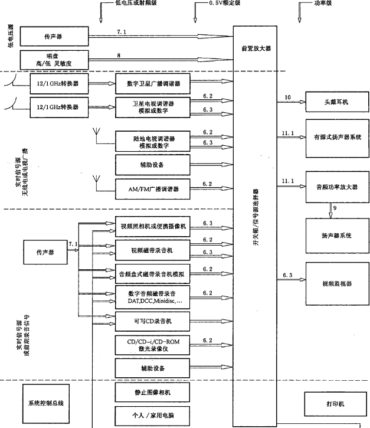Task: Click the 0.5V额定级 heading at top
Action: [x=225, y=4]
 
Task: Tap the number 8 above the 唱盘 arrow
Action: [x=119, y=54]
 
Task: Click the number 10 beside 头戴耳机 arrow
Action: [x=287, y=97]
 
